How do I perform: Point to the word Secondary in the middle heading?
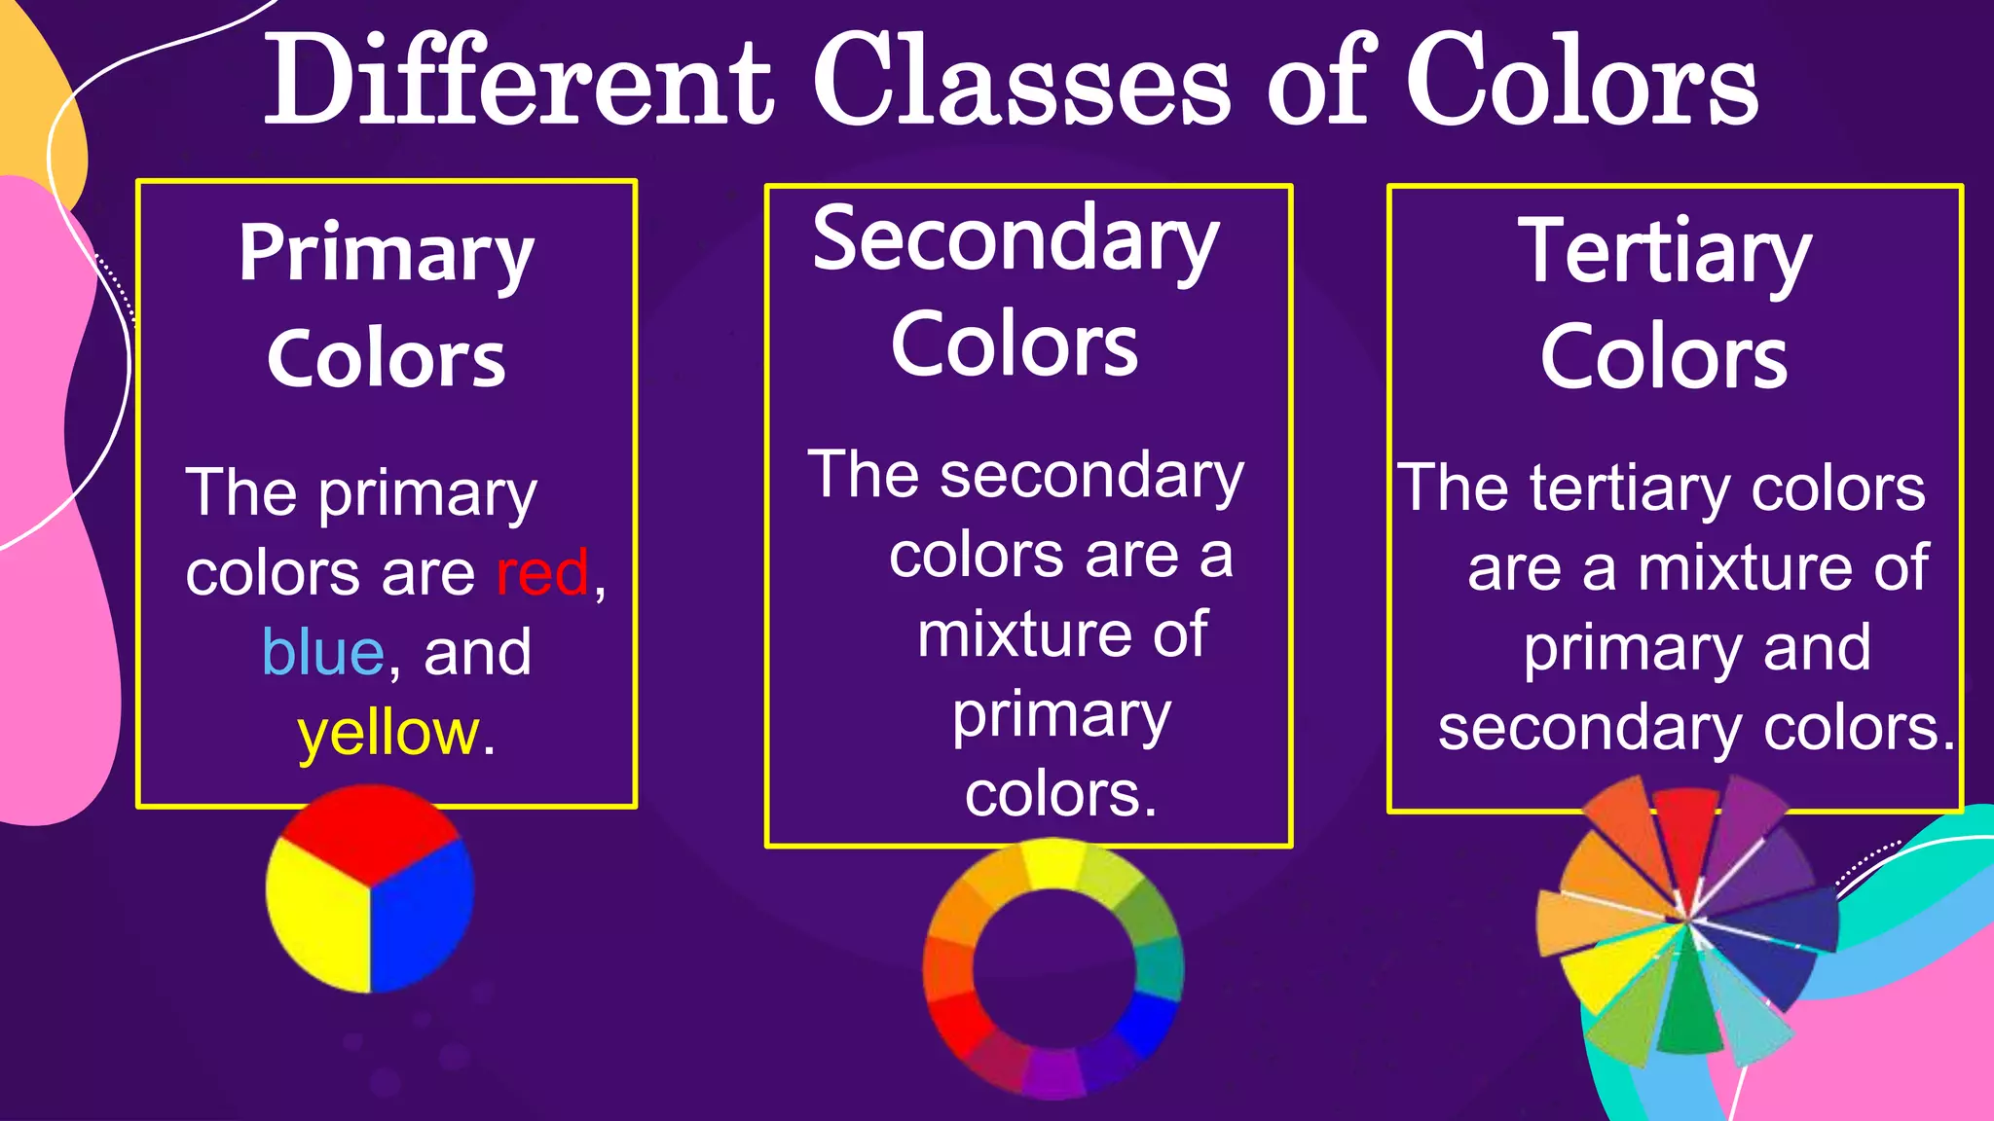[x=1015, y=240]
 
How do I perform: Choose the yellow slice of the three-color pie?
[x=316, y=920]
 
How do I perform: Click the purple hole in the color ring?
[x=1053, y=968]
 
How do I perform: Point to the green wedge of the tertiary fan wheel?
[x=1689, y=1012]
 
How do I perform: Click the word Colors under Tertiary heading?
[x=1664, y=358]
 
